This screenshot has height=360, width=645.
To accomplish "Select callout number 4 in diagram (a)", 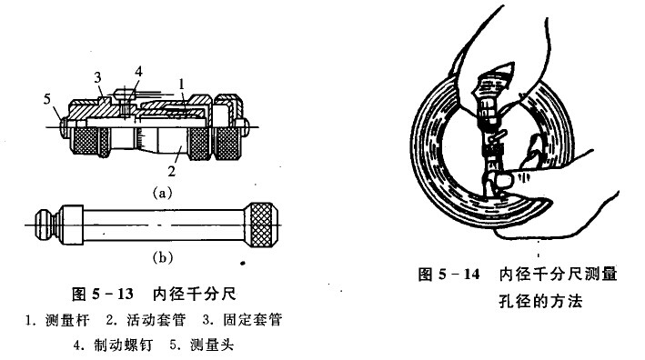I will point(138,70).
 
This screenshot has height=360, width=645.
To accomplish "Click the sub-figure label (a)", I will point(162,193).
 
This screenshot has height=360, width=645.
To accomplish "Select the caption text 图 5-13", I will point(101,294).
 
